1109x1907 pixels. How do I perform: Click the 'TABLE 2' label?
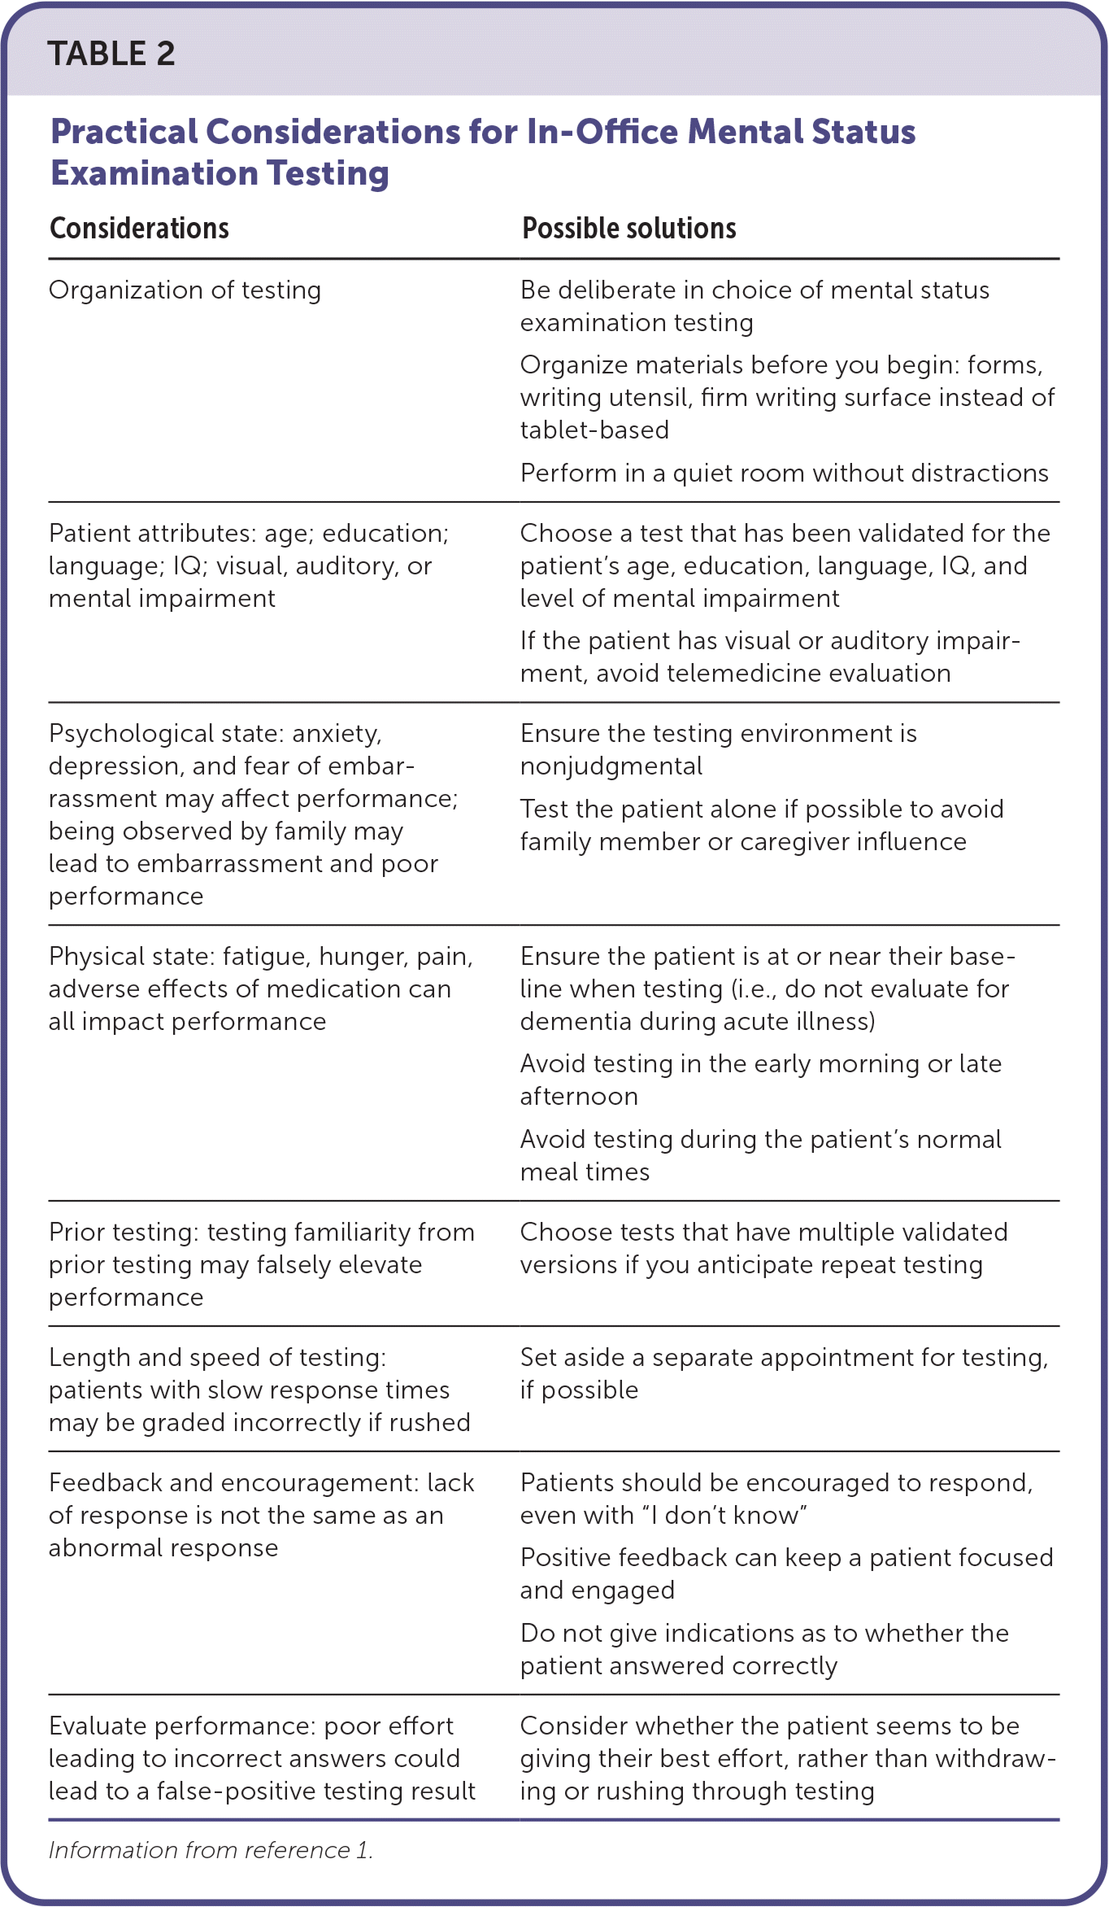tap(111, 54)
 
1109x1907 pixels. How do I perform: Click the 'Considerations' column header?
tap(139, 229)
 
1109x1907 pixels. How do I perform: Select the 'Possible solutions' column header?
tap(628, 229)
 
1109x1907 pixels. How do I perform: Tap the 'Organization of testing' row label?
tap(185, 290)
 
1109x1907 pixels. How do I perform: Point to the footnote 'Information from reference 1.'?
tap(211, 1850)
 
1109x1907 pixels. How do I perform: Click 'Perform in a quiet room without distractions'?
tap(784, 473)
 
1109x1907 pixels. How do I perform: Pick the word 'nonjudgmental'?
tap(611, 766)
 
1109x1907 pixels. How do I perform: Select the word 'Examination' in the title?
tap(154, 173)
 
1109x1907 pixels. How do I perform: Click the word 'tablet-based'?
tap(594, 430)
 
